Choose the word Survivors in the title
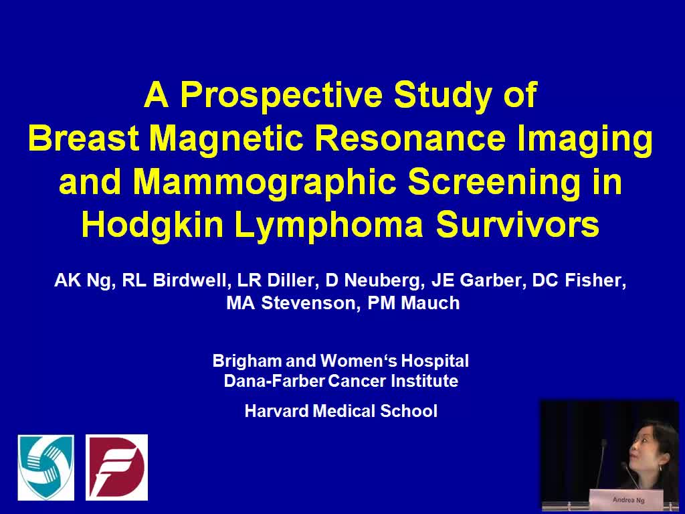(x=518, y=226)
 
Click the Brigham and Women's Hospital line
(x=340, y=361)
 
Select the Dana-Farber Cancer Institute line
(x=340, y=381)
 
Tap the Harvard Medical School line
(x=340, y=411)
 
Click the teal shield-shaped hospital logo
(x=46, y=467)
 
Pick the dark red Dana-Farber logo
(x=116, y=467)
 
